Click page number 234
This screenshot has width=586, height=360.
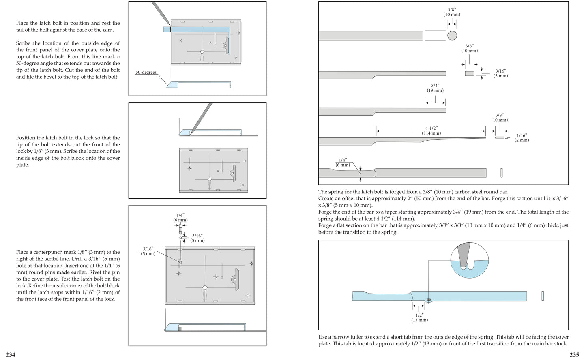coord(10,355)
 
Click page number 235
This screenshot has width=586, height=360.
coord(574,355)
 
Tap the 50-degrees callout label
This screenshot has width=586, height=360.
coord(146,72)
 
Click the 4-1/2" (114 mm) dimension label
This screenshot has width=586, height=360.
coord(431,131)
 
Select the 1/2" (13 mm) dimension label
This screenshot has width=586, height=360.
coord(419,317)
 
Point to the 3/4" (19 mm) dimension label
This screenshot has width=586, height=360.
coord(435,88)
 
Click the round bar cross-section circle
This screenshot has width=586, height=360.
coord(452,35)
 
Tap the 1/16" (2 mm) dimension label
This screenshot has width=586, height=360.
coord(522,138)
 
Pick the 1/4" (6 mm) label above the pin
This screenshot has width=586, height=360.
coord(180,218)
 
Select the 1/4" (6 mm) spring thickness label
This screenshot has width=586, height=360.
coord(343,163)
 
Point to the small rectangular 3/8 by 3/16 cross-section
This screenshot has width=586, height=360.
coord(469,73)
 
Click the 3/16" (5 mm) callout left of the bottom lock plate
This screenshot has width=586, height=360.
coord(148,251)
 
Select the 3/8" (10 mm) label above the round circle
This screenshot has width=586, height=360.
coord(452,12)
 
